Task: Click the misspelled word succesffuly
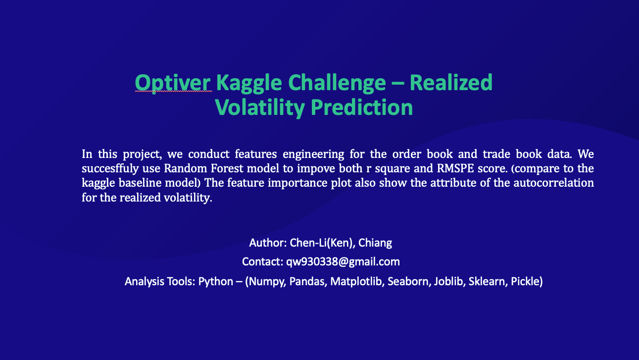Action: (108, 168)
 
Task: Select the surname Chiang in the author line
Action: (375, 243)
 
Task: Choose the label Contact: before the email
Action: (262, 261)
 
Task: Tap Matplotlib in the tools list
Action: (356, 282)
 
